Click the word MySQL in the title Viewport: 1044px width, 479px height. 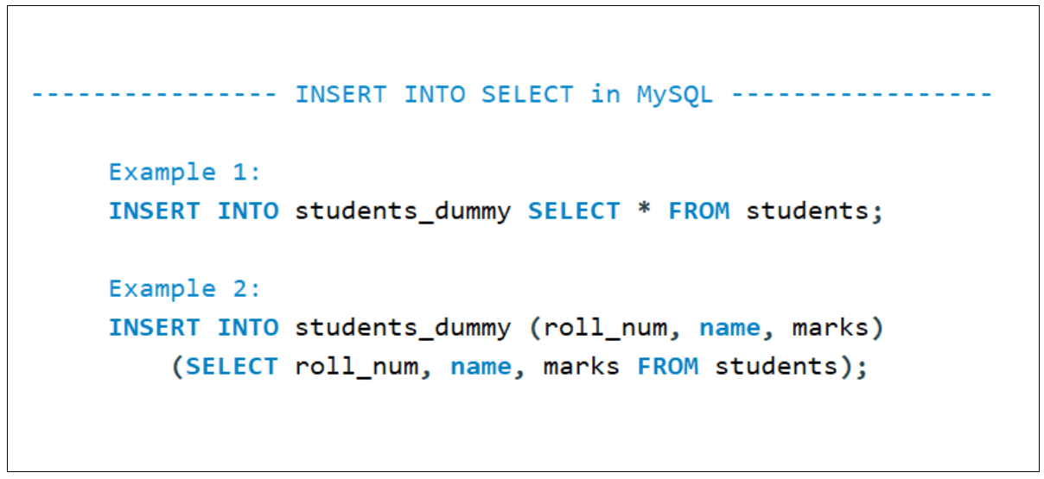pyautogui.click(x=675, y=94)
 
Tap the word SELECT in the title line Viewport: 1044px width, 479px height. pyautogui.click(x=527, y=94)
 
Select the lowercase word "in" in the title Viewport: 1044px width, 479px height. pyautogui.click(x=605, y=94)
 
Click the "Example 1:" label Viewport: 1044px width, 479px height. pyautogui.click(x=185, y=172)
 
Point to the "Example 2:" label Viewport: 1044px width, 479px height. pyautogui.click(x=185, y=288)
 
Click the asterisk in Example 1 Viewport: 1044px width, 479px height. pyautogui.click(x=644, y=211)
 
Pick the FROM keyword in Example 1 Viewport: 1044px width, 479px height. pyautogui.click(x=699, y=211)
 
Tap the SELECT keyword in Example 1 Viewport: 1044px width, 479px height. pyautogui.click(x=574, y=211)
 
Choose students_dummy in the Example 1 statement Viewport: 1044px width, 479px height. pyautogui.click(x=403, y=211)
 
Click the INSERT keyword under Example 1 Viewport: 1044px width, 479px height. pyautogui.click(x=155, y=211)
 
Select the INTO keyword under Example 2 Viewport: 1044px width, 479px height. pyautogui.click(x=248, y=327)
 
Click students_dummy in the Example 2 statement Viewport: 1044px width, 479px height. pyautogui.click(x=403, y=328)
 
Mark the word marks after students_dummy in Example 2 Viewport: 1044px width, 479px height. pyautogui.click(x=831, y=328)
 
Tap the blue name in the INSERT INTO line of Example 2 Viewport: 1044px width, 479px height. pyautogui.click(x=729, y=328)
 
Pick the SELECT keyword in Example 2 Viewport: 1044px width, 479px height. pyautogui.click(x=232, y=366)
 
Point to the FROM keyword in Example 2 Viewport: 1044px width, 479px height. pyautogui.click(x=668, y=366)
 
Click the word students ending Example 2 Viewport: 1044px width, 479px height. pyautogui.click(x=777, y=366)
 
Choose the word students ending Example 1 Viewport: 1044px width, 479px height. pyautogui.click(x=808, y=211)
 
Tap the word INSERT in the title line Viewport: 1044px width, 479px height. pyautogui.click(x=341, y=94)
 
